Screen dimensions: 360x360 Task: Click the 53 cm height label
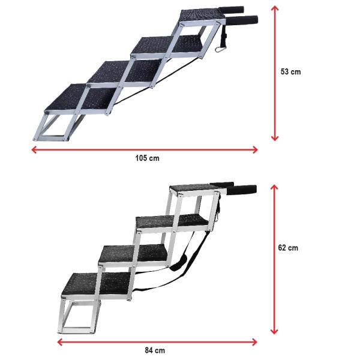pos(290,71)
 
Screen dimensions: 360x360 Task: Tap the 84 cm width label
pos(155,350)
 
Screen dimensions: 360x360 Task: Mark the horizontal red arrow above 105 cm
pos(144,149)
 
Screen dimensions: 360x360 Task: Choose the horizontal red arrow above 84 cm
pos(157,342)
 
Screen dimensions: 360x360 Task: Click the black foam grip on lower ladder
pos(243,190)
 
